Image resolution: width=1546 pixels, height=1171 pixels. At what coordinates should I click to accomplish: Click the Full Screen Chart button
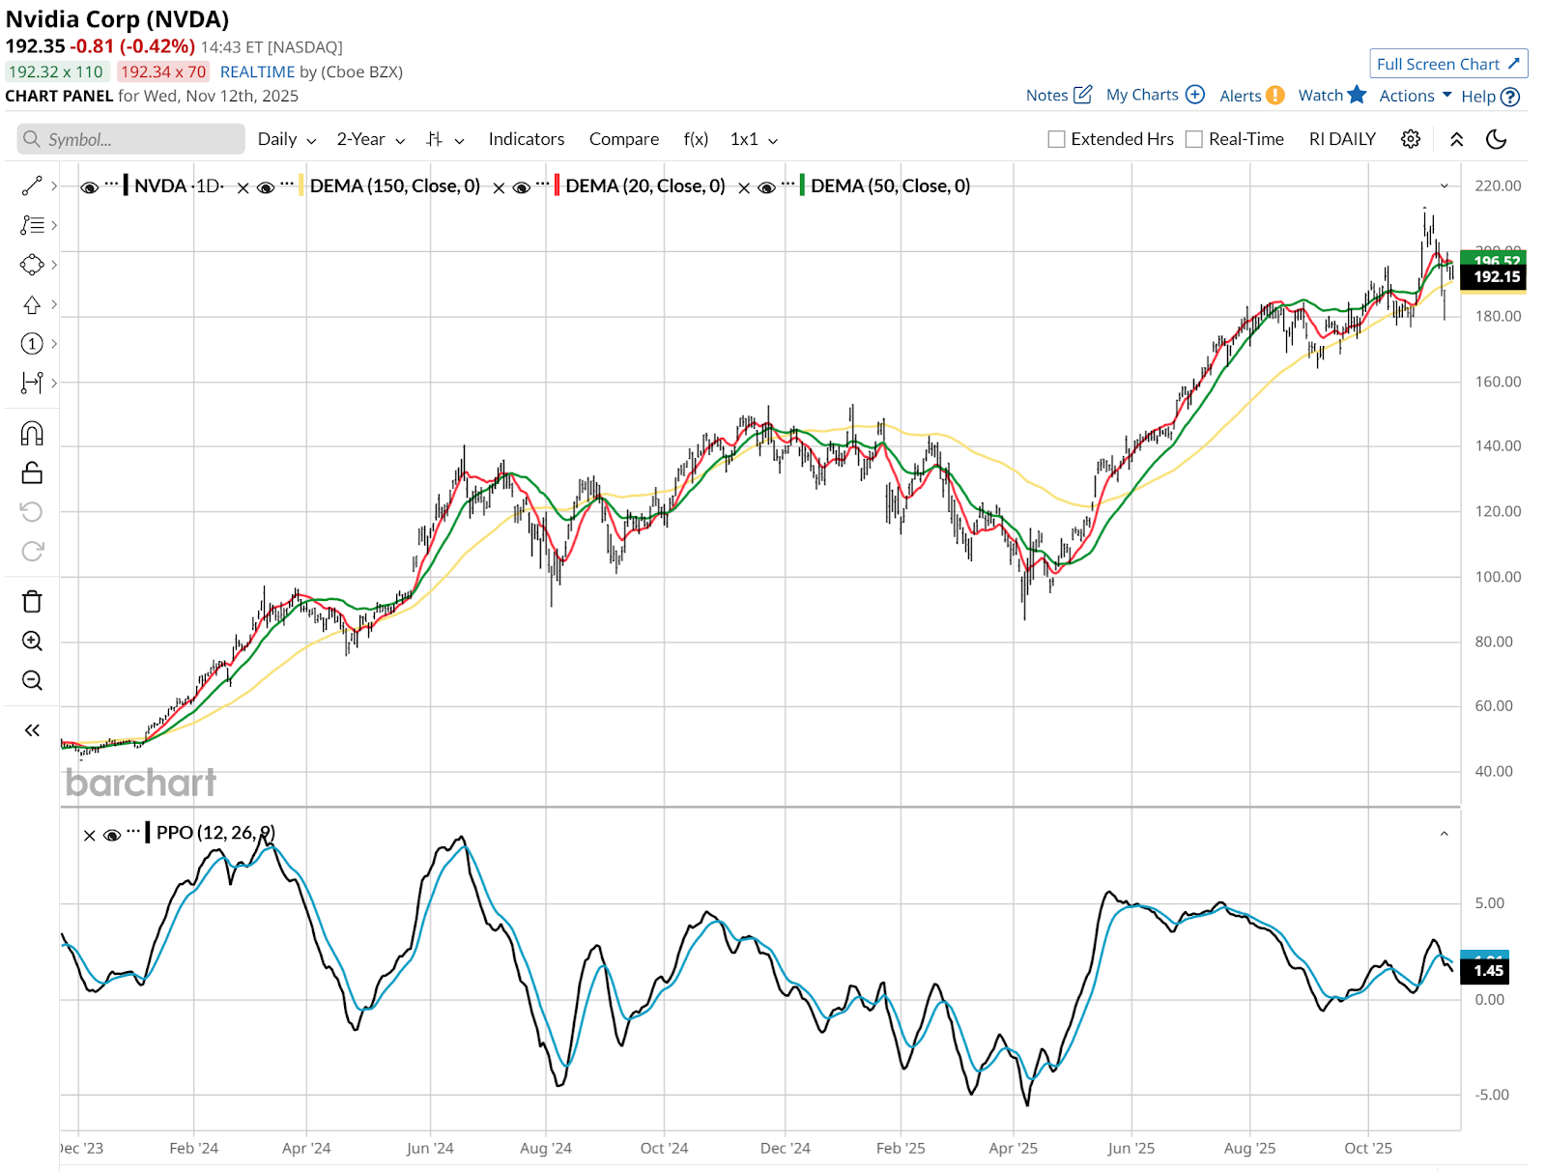[x=1447, y=64]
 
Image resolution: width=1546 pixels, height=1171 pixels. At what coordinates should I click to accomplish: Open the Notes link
[x=1058, y=95]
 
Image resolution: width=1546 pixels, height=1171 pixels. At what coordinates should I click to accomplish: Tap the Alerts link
[x=1251, y=95]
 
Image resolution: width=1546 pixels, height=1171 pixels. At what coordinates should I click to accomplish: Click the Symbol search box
[x=130, y=139]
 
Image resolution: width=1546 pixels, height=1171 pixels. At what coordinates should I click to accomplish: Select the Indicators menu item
[x=526, y=139]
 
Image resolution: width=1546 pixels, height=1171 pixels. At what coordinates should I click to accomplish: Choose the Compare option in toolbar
[x=623, y=139]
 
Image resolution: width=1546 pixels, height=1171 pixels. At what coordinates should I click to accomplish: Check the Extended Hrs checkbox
[x=1057, y=139]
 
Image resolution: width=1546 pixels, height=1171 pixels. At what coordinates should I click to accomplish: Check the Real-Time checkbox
[x=1194, y=139]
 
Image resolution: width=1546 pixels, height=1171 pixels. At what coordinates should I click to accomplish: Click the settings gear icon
[x=1410, y=139]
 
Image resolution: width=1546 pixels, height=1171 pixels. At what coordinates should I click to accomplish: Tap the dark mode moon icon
[x=1496, y=139]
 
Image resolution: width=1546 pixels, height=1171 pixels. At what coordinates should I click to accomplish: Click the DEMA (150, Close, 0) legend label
[x=394, y=186]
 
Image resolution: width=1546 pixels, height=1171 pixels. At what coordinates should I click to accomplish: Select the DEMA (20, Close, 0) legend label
[x=644, y=186]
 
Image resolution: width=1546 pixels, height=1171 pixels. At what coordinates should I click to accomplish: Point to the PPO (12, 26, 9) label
[x=215, y=832]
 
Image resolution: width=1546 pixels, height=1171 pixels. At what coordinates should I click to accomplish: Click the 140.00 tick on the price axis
[x=1497, y=445]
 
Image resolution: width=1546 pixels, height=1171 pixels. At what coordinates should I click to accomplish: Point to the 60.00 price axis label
[x=1493, y=705]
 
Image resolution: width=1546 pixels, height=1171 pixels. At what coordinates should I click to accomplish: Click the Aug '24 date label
[x=545, y=1148]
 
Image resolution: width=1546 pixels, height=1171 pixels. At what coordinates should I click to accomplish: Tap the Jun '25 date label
[x=1131, y=1148]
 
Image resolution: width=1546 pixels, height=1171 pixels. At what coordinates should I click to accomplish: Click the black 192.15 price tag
[x=1496, y=276]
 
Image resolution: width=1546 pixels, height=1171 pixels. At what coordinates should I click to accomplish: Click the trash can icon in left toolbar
[x=32, y=602]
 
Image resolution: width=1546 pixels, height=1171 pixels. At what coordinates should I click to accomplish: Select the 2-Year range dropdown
[x=370, y=139]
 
